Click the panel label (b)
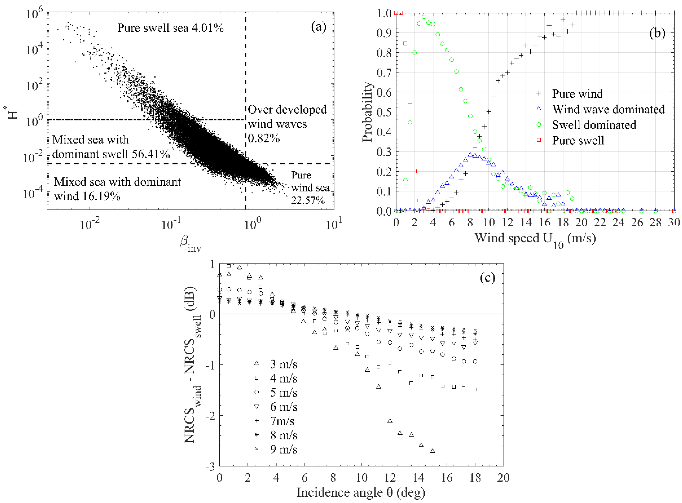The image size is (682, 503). coord(657,33)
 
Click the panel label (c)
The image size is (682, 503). coord(488,277)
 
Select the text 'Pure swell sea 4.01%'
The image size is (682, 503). coord(171,28)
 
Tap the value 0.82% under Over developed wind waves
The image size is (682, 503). coord(264,139)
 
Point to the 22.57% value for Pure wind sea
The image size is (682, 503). coord(308,200)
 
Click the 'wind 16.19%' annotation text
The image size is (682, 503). coord(87,196)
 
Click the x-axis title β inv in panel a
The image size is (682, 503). coord(190,244)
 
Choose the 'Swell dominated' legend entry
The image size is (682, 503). coord(594,125)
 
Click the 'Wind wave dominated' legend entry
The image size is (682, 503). coord(609,109)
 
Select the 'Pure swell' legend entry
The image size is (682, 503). coord(578,140)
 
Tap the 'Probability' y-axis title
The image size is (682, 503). coord(367,112)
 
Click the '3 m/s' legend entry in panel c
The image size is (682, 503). coord(283,364)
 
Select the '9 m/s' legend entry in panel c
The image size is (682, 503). coord(283,449)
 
